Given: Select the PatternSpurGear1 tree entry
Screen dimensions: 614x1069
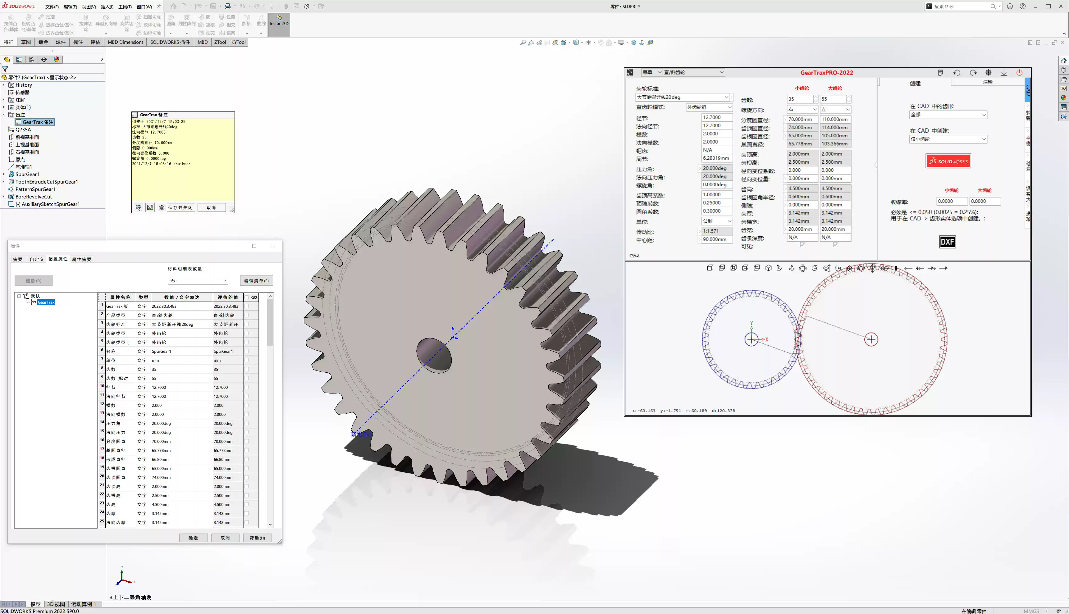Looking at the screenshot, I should click(x=35, y=189).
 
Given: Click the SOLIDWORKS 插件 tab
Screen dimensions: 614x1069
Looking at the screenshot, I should click(x=170, y=42).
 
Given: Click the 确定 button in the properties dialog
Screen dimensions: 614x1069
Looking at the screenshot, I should click(x=193, y=538).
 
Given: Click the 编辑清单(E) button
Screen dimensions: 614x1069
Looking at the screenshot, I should click(x=256, y=281).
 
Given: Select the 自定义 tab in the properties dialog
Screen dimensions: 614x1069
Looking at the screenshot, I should click(x=37, y=259).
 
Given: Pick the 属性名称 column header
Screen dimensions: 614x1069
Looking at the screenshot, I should click(x=120, y=297).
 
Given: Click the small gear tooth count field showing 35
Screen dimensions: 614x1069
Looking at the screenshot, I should click(x=799, y=99).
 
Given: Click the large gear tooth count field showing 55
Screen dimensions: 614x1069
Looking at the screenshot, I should click(x=832, y=99).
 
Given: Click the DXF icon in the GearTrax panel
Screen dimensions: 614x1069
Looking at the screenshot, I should click(x=947, y=242).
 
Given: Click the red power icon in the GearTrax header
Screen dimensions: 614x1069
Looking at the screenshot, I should click(x=1019, y=73).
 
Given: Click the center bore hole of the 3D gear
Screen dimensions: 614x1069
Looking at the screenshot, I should click(x=433, y=355).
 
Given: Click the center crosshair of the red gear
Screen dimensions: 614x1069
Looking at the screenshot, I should click(x=871, y=339).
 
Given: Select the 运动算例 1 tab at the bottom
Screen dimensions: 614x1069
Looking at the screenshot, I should click(x=83, y=604).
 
